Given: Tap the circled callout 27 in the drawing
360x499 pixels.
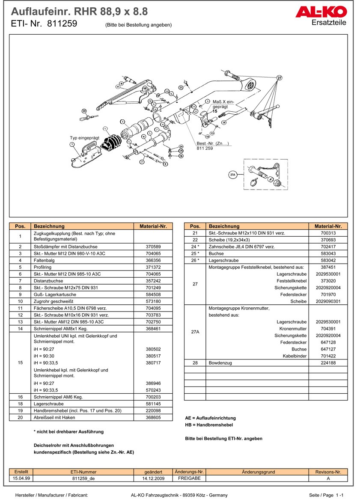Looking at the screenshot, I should [279, 78].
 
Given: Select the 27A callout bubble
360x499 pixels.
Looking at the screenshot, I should [233, 175].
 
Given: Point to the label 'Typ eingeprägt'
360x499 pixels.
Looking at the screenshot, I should [84, 138].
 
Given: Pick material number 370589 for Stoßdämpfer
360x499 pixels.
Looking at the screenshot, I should [153, 247].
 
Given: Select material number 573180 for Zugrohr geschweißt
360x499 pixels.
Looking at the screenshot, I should [153, 301].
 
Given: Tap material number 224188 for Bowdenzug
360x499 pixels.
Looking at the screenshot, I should [328, 363].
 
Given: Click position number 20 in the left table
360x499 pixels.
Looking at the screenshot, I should [20, 418].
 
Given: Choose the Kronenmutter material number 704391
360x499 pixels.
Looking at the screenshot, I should [328, 329].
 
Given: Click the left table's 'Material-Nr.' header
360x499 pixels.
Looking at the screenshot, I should [153, 226].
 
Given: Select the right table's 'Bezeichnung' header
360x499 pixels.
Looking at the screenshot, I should [224, 226].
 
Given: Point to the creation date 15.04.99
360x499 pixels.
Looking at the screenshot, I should [21, 478].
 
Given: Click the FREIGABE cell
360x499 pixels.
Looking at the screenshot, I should [189, 478].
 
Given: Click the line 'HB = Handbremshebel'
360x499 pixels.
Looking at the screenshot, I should [209, 425].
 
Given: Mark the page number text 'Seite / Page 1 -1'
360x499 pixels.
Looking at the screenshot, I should [327, 495].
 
